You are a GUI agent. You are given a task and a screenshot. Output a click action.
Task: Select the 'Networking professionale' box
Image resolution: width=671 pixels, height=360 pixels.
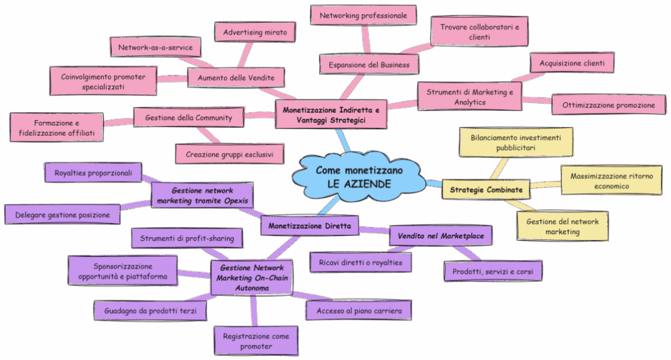click(x=363, y=14)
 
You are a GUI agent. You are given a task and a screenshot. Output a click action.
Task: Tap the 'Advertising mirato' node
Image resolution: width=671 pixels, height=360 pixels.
click(x=255, y=31)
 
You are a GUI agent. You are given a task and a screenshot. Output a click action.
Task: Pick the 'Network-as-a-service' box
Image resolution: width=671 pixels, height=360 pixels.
click(x=155, y=47)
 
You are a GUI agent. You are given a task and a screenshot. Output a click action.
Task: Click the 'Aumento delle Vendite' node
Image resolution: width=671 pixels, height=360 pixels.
click(x=236, y=78)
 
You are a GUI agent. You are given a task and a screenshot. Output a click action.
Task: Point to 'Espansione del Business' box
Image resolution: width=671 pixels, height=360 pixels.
click(x=369, y=64)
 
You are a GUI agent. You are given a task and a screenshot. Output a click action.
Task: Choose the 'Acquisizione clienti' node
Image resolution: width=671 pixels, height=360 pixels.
click(x=572, y=63)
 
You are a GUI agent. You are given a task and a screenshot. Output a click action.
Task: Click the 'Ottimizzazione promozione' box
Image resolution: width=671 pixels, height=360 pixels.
click(x=609, y=104)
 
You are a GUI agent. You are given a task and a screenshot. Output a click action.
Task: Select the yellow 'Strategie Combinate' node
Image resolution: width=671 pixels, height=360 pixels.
click(x=486, y=190)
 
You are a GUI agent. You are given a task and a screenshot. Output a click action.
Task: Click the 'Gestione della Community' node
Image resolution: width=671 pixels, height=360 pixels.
click(x=188, y=117)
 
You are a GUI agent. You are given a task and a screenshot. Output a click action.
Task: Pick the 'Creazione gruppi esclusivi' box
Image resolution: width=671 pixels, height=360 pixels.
click(x=229, y=153)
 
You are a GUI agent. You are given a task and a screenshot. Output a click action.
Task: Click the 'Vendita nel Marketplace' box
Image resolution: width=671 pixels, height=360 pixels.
click(x=440, y=235)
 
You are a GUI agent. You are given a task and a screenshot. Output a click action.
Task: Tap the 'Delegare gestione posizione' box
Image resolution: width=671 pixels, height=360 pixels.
click(x=63, y=214)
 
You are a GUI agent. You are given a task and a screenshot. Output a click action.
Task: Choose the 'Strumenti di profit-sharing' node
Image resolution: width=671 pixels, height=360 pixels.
click(x=187, y=239)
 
